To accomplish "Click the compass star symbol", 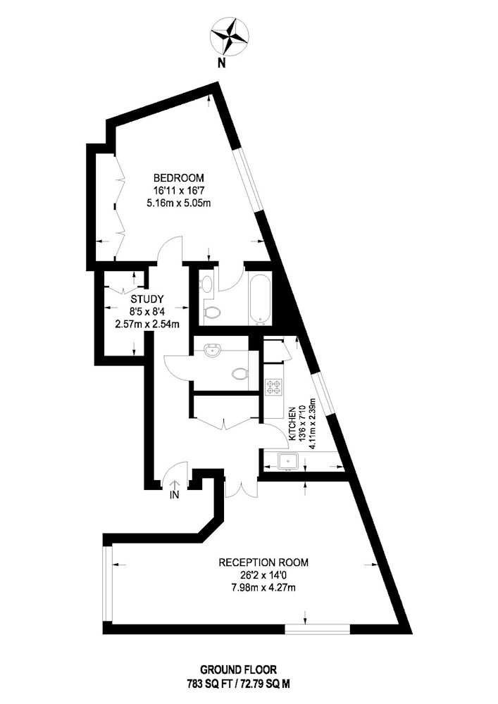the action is coord(230,35).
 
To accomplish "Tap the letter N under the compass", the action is coord(221,63).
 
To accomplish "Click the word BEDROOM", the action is coord(179,177).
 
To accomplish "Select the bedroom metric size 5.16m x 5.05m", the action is coord(179,203).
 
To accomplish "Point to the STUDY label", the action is coord(147,299).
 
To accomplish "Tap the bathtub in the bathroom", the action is coord(259,298).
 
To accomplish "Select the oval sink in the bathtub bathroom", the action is coord(207,284).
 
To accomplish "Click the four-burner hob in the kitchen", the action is coord(275,388).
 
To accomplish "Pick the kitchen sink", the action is coord(287,461).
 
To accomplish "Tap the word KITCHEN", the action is coord(292,423).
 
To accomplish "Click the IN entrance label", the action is coord(174,496).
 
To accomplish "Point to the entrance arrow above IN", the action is coord(174,485).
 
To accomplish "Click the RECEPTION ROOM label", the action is coord(263,562).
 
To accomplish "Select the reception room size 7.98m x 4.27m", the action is coord(263,587).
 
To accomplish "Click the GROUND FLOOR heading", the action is coord(239,670).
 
